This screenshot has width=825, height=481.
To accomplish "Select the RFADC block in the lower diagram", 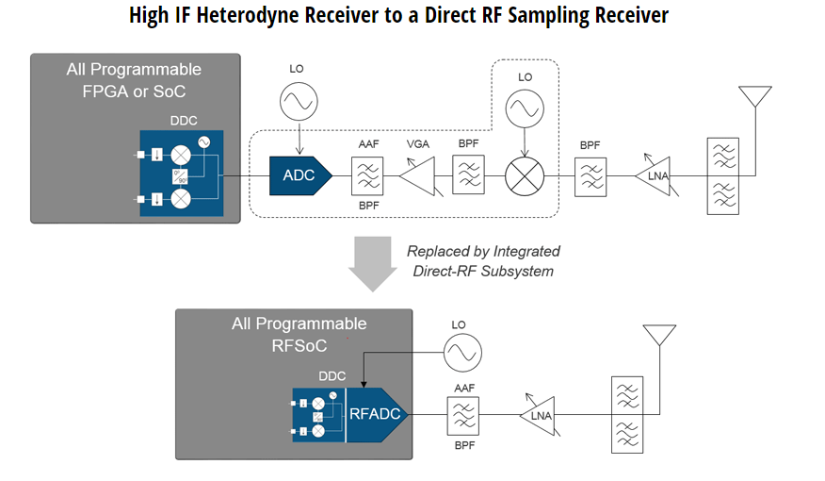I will tap(376, 413).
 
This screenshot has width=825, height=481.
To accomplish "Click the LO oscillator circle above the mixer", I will tap(526, 108).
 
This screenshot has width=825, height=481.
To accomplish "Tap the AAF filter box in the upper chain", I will tap(366, 175).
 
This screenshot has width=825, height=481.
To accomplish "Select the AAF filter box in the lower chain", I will tap(462, 414).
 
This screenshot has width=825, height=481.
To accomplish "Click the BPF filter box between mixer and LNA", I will tap(590, 175).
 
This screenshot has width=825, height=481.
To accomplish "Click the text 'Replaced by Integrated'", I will tap(483, 251).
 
